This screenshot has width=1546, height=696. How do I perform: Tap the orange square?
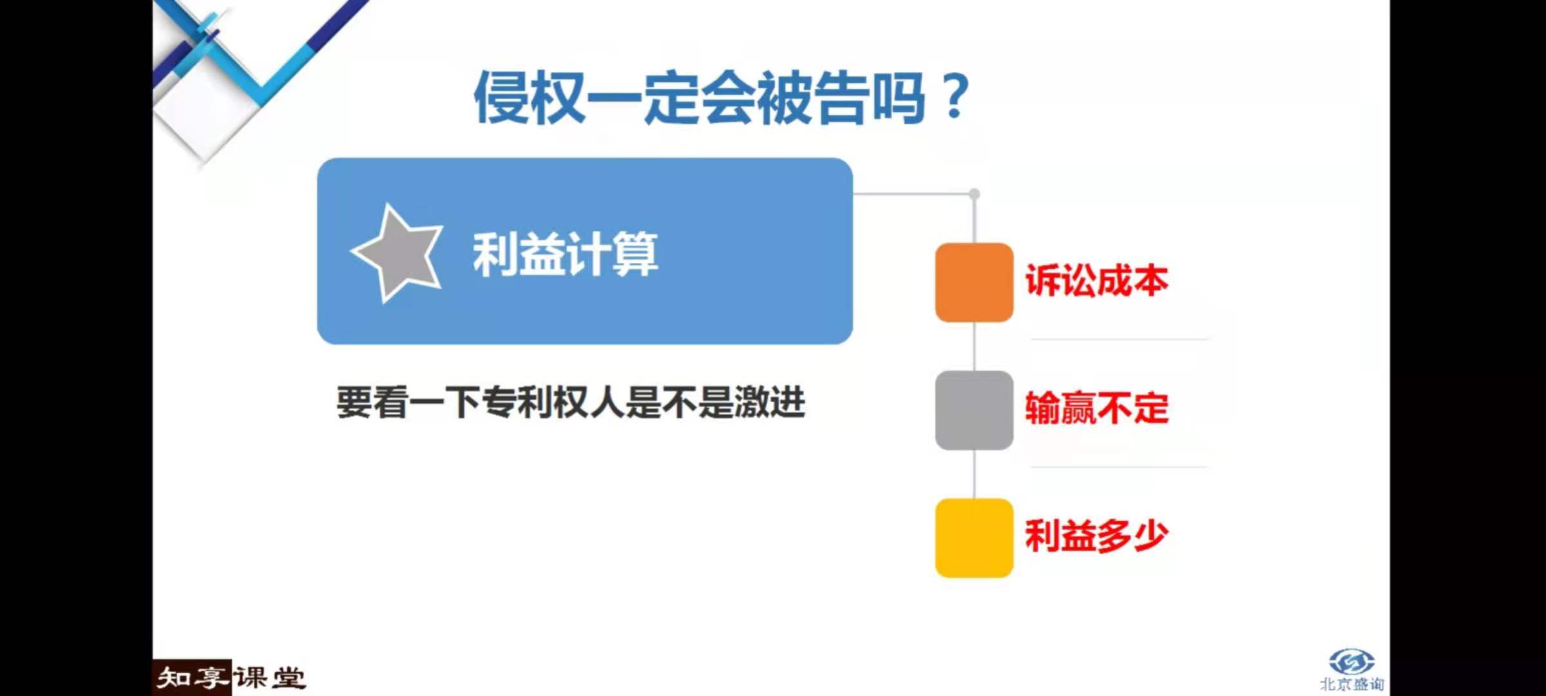pos(974,282)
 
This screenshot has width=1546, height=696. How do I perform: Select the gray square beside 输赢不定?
pos(974,410)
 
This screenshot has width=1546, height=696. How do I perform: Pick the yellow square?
pos(974,537)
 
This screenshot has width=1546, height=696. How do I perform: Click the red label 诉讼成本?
pos(1096,281)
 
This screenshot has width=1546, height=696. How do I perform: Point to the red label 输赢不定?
pos(1096,408)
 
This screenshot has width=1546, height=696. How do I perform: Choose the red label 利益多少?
pos(1096,536)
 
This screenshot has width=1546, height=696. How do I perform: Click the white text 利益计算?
pos(566,255)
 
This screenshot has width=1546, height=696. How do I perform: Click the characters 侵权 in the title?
pos(530,97)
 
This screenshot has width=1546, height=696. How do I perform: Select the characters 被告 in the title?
pos(812,97)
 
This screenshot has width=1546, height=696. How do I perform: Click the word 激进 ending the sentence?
pos(770,403)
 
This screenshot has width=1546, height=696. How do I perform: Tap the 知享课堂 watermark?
pos(231,678)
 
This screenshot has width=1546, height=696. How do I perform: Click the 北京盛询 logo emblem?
pos(1351,662)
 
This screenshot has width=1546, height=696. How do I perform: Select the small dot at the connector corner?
pos(974,194)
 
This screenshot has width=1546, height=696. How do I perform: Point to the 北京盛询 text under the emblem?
pos(1351,684)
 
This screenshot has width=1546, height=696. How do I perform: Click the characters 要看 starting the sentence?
pos(372,403)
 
